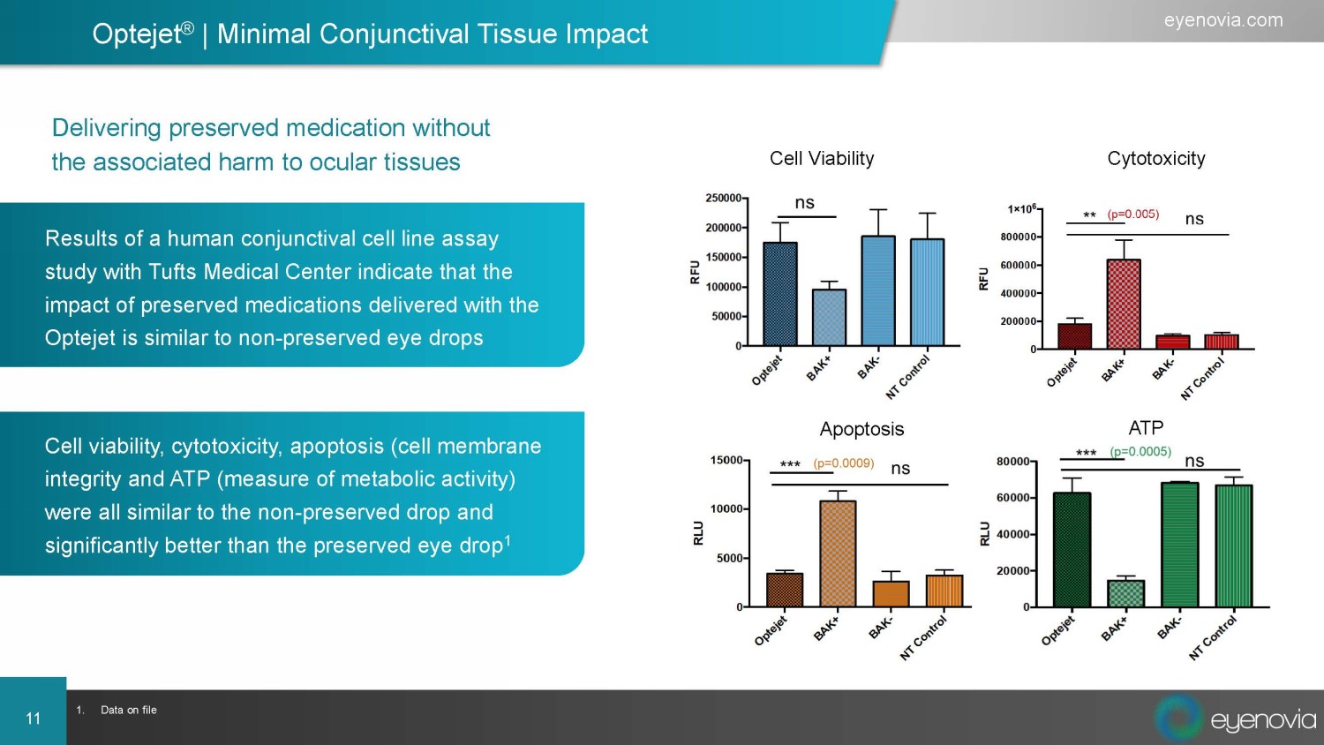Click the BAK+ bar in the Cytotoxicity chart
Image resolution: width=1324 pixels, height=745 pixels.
coord(1123,304)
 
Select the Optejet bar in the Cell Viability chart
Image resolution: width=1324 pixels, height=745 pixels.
coord(779,294)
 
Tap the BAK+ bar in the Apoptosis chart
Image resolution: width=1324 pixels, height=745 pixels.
coord(838,554)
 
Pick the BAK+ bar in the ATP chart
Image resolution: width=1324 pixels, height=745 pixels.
coord(1125,593)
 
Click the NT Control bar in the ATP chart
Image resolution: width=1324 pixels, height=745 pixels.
coord(1233,546)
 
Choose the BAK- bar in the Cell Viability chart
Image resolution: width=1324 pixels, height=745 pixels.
coord(878,290)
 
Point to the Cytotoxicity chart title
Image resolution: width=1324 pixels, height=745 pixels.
coord(1155,159)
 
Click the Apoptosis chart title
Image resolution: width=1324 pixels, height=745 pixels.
coord(861,429)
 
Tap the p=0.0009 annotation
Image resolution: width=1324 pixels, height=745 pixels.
coord(843,463)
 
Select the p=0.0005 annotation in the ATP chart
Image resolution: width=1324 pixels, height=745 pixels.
coord(1140,452)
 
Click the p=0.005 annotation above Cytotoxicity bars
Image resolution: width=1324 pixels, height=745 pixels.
coord(1132,214)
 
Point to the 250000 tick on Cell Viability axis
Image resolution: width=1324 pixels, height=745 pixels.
coord(723,199)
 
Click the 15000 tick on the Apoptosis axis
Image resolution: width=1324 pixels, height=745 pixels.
coord(726,461)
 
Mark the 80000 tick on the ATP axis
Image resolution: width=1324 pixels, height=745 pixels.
coord(1012,462)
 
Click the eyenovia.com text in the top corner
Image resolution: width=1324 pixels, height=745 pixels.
coord(1222,20)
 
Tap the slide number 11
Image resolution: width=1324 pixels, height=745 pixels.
coord(34,719)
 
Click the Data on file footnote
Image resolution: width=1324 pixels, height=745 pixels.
coord(128,710)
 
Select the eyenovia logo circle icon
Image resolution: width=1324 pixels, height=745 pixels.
coord(1178,718)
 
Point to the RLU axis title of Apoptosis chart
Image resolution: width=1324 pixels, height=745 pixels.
coord(698,533)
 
